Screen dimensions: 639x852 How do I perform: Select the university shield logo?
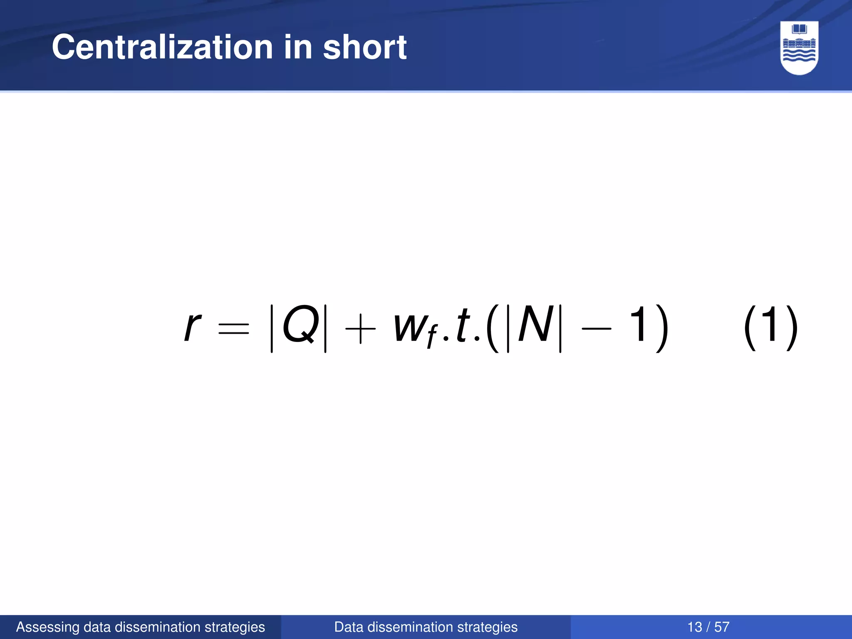[x=799, y=48]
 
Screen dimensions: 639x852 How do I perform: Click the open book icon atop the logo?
[x=799, y=30]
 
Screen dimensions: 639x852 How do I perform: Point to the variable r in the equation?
[x=192, y=327]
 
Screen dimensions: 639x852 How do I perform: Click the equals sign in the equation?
[x=234, y=329]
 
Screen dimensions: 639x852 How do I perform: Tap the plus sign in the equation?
[x=360, y=329]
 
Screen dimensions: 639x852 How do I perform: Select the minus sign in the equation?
[x=597, y=329]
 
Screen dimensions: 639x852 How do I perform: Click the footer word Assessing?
[x=47, y=627]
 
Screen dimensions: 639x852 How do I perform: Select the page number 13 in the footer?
[x=695, y=627]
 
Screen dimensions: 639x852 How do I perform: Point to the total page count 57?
[x=722, y=627]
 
